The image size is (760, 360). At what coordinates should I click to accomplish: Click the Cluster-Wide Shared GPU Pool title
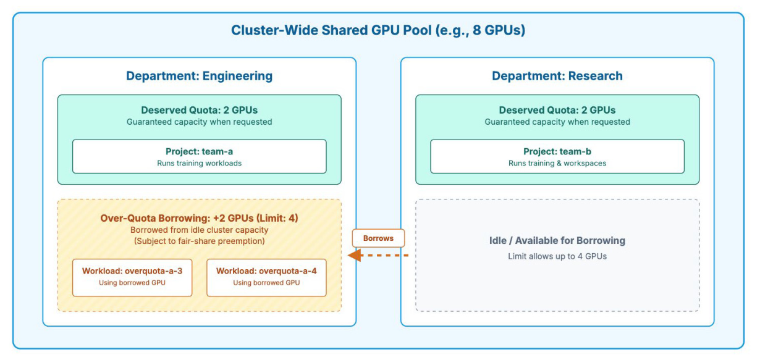tap(378, 30)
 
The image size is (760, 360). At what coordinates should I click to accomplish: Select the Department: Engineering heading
tap(199, 76)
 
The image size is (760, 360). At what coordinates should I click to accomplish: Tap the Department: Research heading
tap(557, 76)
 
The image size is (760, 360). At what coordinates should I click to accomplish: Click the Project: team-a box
tap(200, 156)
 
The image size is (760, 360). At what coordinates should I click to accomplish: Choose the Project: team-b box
tap(557, 156)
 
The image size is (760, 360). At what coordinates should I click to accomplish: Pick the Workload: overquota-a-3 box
tap(132, 278)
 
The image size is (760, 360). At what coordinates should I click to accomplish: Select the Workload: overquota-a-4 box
tap(266, 278)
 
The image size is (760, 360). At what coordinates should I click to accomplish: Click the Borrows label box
tap(378, 238)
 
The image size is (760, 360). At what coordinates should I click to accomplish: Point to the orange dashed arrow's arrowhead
tap(355, 255)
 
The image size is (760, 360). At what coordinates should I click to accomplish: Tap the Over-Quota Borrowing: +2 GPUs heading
tap(199, 218)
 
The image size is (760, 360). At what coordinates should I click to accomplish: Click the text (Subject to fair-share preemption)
tap(199, 241)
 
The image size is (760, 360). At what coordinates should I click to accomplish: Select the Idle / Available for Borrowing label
tap(557, 240)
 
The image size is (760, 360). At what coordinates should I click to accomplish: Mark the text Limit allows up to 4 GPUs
tap(557, 256)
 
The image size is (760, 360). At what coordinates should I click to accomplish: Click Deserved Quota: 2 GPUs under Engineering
tap(199, 110)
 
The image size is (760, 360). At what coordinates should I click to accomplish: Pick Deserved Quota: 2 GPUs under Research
tap(557, 110)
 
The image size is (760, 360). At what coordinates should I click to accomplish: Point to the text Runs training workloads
tap(199, 163)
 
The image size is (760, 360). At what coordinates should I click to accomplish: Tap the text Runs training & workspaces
tap(557, 163)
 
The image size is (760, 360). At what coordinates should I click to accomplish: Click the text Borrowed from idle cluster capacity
tap(199, 230)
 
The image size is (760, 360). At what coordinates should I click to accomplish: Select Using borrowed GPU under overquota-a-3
tap(132, 283)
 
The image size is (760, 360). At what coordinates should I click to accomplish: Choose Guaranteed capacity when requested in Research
tap(557, 122)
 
